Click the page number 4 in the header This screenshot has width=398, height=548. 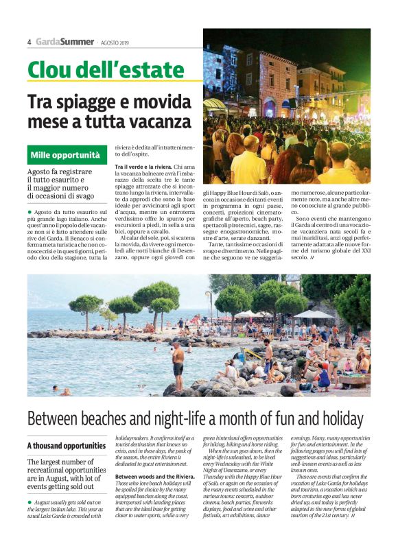30,42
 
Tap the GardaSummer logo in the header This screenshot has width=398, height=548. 65,42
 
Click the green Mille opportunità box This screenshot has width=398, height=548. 65,155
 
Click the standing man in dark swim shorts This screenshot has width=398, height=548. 178,363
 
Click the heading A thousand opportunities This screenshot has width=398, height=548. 67,446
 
